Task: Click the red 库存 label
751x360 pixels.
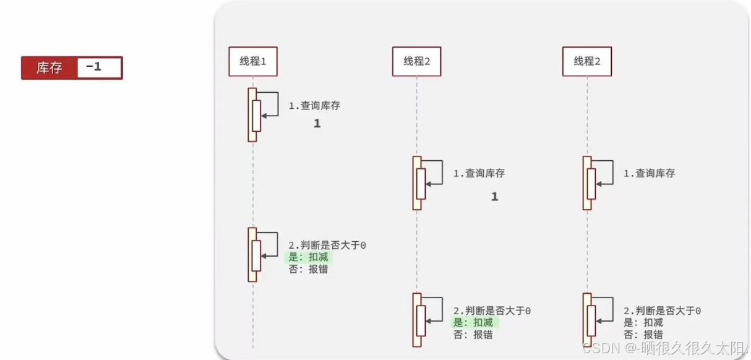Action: coord(49,68)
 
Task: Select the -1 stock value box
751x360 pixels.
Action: coord(99,67)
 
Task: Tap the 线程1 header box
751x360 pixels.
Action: coord(252,61)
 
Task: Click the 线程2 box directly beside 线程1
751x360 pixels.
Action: coord(416,61)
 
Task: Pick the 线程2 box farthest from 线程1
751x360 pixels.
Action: coord(586,61)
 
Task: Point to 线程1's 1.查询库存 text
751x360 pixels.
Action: coord(314,106)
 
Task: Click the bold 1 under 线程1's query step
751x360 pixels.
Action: coord(317,124)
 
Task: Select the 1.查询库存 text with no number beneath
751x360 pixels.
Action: coord(649,174)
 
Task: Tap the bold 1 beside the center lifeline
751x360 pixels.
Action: coord(494,197)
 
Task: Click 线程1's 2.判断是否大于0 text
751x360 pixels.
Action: coord(327,246)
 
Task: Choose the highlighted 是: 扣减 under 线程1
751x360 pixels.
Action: coord(308,257)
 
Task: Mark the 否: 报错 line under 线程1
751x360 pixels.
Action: coord(308,269)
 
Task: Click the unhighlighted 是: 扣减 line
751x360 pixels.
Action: coord(643,323)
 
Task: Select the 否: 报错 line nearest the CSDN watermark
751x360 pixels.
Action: coord(643,335)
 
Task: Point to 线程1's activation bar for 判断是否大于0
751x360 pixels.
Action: coord(252,255)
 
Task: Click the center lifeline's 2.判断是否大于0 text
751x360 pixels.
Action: coord(492,311)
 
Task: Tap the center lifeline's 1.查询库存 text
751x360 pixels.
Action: coord(479,174)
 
